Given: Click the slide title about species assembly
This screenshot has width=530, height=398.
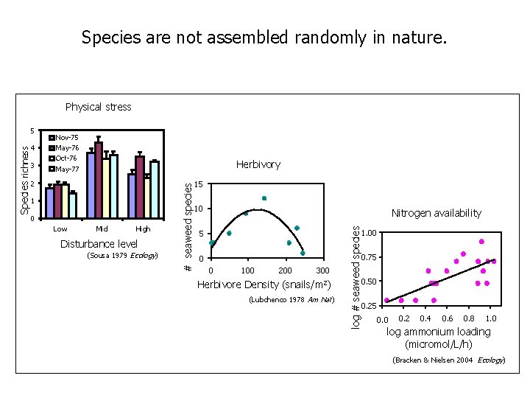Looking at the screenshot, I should (264, 37).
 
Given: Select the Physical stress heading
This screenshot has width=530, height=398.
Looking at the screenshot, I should (98, 107).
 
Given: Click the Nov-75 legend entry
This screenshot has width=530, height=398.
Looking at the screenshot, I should (67, 137).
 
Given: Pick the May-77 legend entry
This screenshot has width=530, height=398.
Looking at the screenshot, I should (67, 170).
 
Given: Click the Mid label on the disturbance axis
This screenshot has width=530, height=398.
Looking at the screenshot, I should (102, 229).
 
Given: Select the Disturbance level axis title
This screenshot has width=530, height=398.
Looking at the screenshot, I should (99, 243).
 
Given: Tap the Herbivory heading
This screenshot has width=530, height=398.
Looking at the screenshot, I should (258, 164).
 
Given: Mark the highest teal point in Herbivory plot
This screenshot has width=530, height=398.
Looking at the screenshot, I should (264, 198).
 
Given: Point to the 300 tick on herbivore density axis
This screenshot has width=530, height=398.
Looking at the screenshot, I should (322, 271).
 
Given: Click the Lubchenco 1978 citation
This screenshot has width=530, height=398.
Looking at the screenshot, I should (291, 300).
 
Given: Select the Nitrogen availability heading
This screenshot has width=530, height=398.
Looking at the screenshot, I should (436, 213).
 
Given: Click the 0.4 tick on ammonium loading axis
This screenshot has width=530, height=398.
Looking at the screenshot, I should (425, 318).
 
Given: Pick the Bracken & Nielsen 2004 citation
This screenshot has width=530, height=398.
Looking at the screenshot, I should (448, 360).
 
